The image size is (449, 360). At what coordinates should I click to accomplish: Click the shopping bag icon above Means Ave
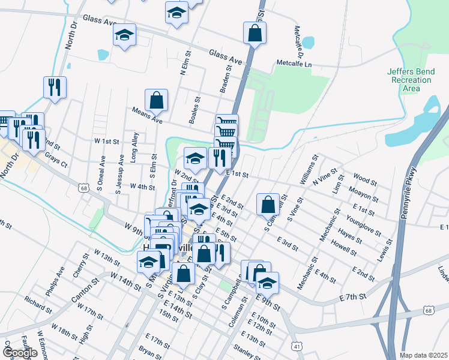(156, 101)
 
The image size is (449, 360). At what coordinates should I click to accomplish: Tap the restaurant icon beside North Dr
(55, 87)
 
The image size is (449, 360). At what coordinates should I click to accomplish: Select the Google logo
(19, 353)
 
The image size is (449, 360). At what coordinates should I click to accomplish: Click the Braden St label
(226, 79)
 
